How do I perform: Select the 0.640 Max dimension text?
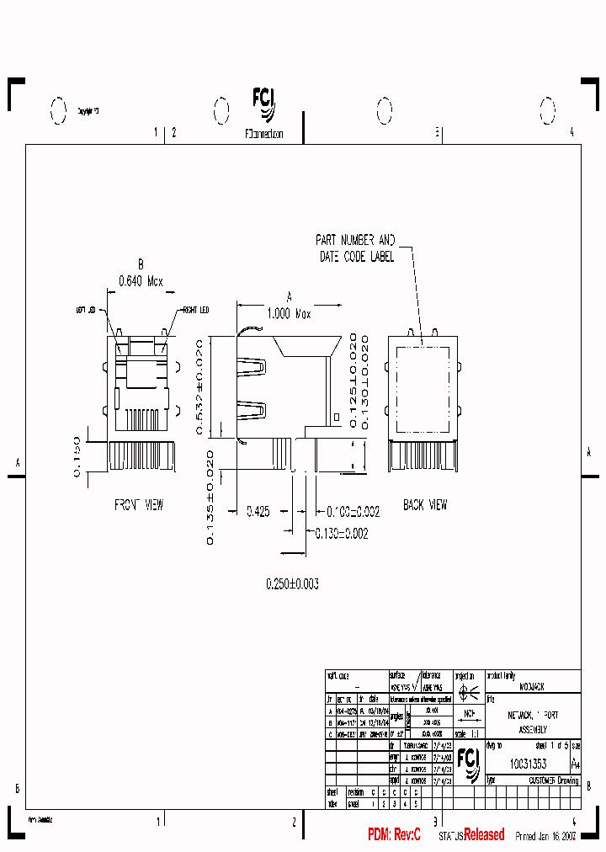[141, 281]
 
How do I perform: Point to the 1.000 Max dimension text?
[290, 313]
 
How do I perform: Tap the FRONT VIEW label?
[139, 505]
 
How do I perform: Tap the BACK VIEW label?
[425, 505]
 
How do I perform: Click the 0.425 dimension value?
[258, 511]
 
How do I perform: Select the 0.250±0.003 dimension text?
[292, 583]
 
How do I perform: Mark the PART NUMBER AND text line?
[354, 240]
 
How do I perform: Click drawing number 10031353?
[528, 764]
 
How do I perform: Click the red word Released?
[485, 835]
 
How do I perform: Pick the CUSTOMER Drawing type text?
[553, 780]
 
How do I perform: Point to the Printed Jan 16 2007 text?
[546, 836]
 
